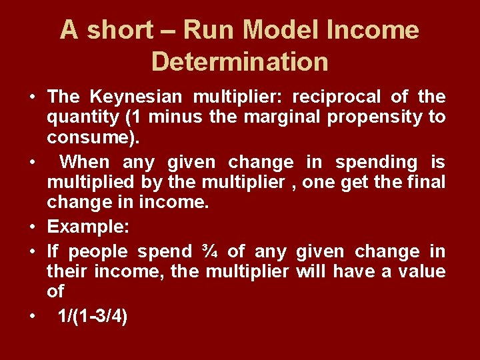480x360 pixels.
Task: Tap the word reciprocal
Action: pyautogui.click(x=337, y=97)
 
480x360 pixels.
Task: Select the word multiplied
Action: pyautogui.click(x=93, y=182)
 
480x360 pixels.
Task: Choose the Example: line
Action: pyautogui.click(x=88, y=227)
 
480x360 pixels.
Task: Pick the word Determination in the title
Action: pyautogui.click(x=240, y=61)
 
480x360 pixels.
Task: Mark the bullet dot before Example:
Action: pyautogui.click(x=32, y=227)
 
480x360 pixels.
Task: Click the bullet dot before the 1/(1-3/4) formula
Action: pyautogui.click(x=32, y=317)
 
